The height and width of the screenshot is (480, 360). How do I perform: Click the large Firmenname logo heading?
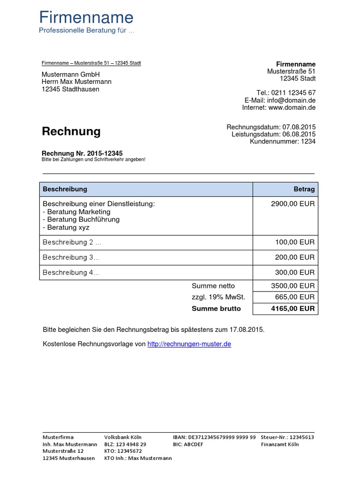pyautogui.click(x=86, y=18)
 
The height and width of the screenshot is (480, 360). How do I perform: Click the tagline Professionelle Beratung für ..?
pyautogui.click(x=86, y=30)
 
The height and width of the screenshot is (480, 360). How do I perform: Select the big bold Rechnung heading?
pyautogui.click(x=71, y=131)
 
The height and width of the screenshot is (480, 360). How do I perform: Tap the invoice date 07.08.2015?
pyautogui.click(x=299, y=127)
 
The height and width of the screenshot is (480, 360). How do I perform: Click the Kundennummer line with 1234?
pyautogui.click(x=283, y=141)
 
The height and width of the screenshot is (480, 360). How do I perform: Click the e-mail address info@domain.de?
pyautogui.click(x=292, y=100)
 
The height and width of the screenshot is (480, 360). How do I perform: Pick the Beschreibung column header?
pyautogui.click(x=65, y=189)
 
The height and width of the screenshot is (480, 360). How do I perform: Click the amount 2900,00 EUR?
pyautogui.click(x=293, y=204)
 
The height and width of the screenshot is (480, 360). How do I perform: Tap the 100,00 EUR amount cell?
pyautogui.click(x=295, y=242)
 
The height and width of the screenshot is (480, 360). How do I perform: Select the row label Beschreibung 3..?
pyautogui.click(x=71, y=257)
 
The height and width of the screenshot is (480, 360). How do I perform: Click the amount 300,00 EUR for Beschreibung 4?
pyautogui.click(x=295, y=272)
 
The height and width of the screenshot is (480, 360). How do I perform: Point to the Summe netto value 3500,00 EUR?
pyautogui.click(x=293, y=285)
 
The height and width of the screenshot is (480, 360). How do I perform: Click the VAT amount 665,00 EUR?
pyautogui.click(x=295, y=297)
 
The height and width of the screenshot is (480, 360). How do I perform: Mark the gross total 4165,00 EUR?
pyautogui.click(x=293, y=308)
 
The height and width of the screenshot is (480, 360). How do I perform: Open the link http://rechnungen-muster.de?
pyautogui.click(x=189, y=344)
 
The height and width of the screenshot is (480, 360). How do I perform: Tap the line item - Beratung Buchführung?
pyautogui.click(x=81, y=219)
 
